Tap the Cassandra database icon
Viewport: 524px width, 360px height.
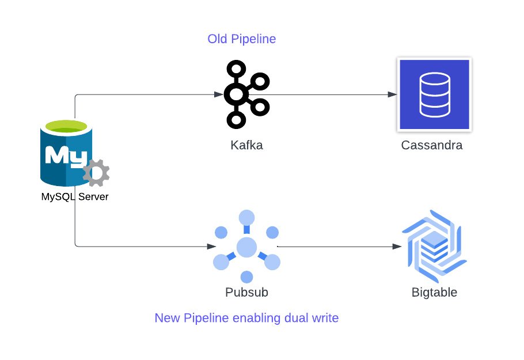[434, 94]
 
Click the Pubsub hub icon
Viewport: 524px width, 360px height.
[246, 247]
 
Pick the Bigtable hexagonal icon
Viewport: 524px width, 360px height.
[434, 247]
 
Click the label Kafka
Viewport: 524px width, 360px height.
[246, 145]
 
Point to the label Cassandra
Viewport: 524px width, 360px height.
[432, 145]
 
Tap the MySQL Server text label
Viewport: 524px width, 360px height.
[75, 197]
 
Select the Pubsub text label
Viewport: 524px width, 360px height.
[246, 292]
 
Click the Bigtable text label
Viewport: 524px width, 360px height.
[434, 292]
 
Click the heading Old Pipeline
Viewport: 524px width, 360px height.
[242, 39]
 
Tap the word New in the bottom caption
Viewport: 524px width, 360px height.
[166, 317]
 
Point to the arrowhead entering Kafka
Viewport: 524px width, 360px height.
[219, 94]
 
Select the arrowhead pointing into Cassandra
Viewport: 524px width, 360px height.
[393, 94]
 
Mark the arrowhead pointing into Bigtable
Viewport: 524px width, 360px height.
[397, 247]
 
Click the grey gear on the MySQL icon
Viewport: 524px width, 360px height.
[96, 172]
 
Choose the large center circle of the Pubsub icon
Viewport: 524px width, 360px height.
[246, 247]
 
